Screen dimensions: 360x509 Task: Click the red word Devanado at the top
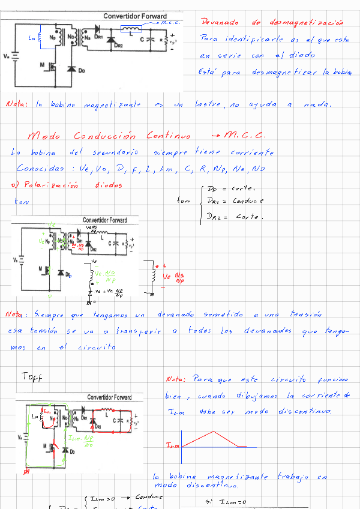218,23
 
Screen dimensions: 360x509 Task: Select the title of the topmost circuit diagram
135,16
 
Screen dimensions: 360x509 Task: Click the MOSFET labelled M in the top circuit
51,67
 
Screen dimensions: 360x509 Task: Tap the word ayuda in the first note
263,104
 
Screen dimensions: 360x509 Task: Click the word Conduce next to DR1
248,201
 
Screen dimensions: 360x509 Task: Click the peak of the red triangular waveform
211,431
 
